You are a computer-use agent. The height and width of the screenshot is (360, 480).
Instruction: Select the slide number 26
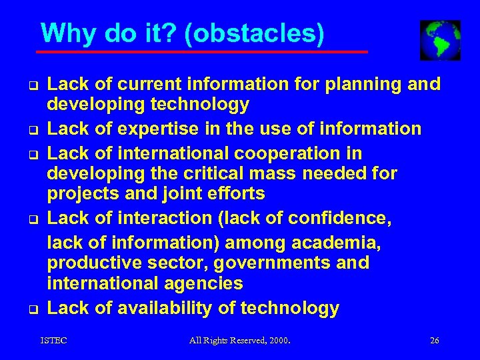(x=435, y=341)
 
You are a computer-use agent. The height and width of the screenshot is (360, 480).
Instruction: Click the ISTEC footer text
(x=54, y=341)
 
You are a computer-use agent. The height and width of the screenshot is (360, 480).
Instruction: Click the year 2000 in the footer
(x=277, y=341)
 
